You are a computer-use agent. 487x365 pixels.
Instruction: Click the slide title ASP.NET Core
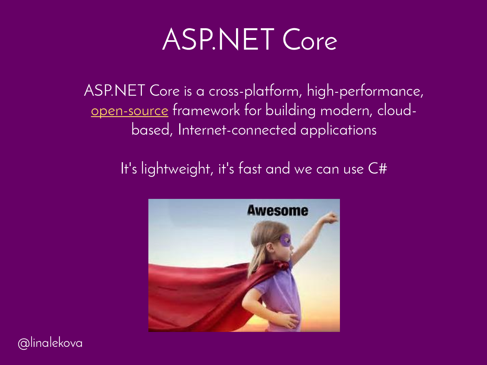tap(250, 40)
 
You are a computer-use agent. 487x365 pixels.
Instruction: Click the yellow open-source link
tap(130, 111)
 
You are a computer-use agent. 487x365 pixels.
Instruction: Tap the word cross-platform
tap(256, 91)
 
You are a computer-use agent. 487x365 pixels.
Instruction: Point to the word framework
tap(206, 110)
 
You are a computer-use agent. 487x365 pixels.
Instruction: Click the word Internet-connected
tap(237, 130)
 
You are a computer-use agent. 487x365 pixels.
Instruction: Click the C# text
tap(377, 169)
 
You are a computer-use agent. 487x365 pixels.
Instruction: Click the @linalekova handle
tap(50, 343)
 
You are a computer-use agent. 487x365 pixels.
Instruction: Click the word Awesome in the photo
tap(278, 210)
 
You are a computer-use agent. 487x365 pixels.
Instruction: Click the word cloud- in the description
tap(397, 110)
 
